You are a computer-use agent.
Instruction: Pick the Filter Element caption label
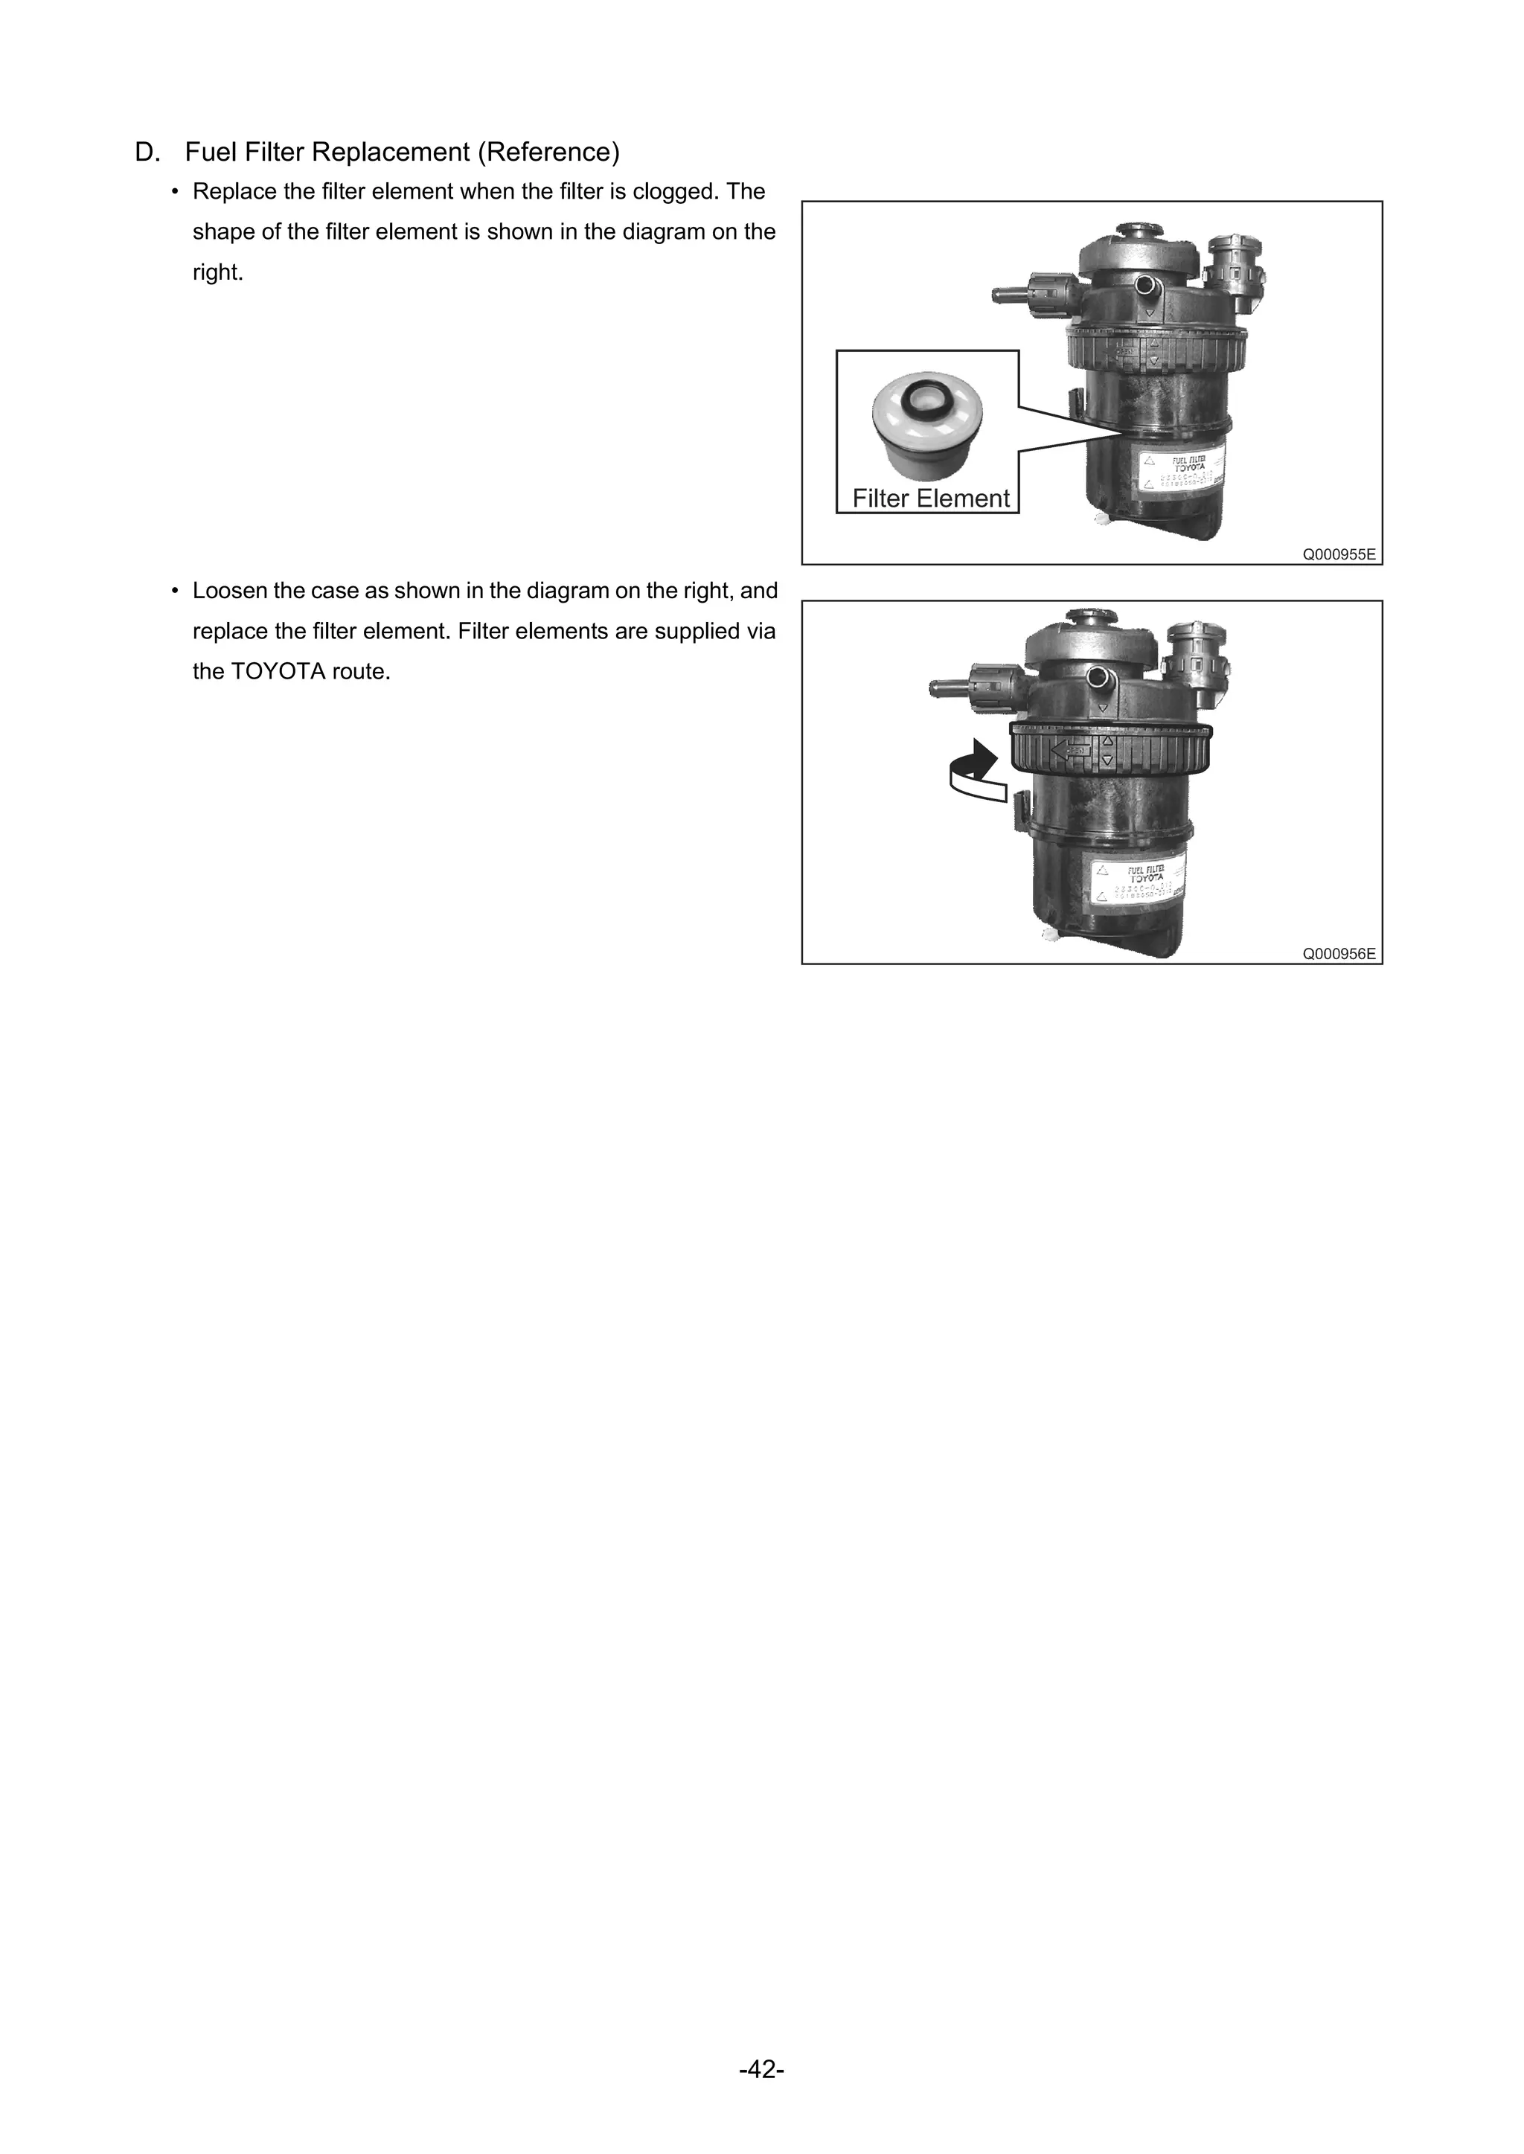tap(930, 499)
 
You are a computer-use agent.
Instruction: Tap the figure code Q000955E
tap(1338, 554)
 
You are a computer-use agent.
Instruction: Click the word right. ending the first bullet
tap(218, 272)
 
